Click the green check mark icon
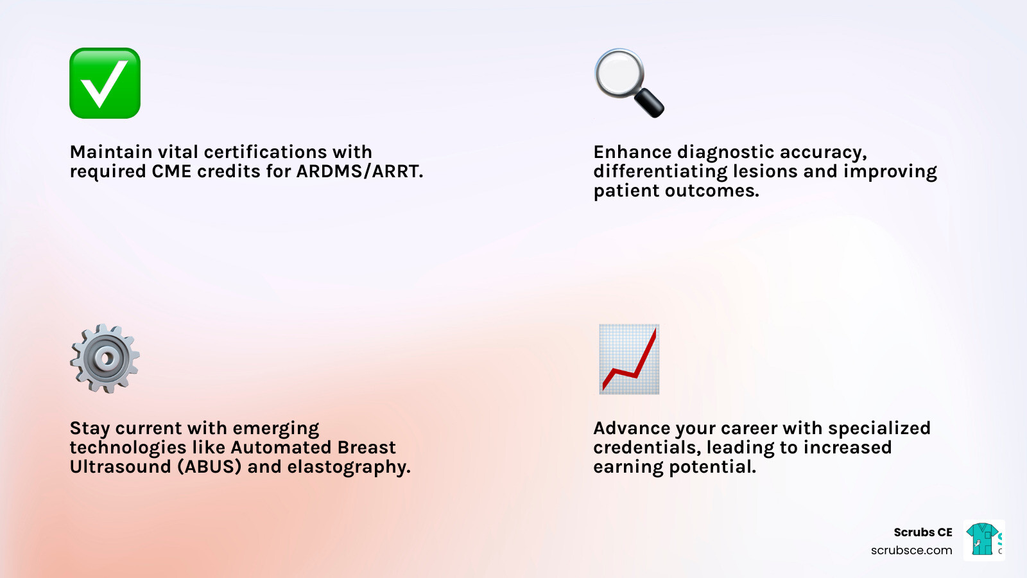(x=105, y=83)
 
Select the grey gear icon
(x=105, y=358)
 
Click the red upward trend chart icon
(x=629, y=359)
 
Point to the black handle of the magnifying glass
(x=649, y=103)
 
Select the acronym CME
(x=171, y=171)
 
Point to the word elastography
(x=349, y=467)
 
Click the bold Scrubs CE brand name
(x=922, y=532)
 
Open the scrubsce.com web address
(x=911, y=550)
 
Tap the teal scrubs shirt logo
(x=982, y=539)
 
